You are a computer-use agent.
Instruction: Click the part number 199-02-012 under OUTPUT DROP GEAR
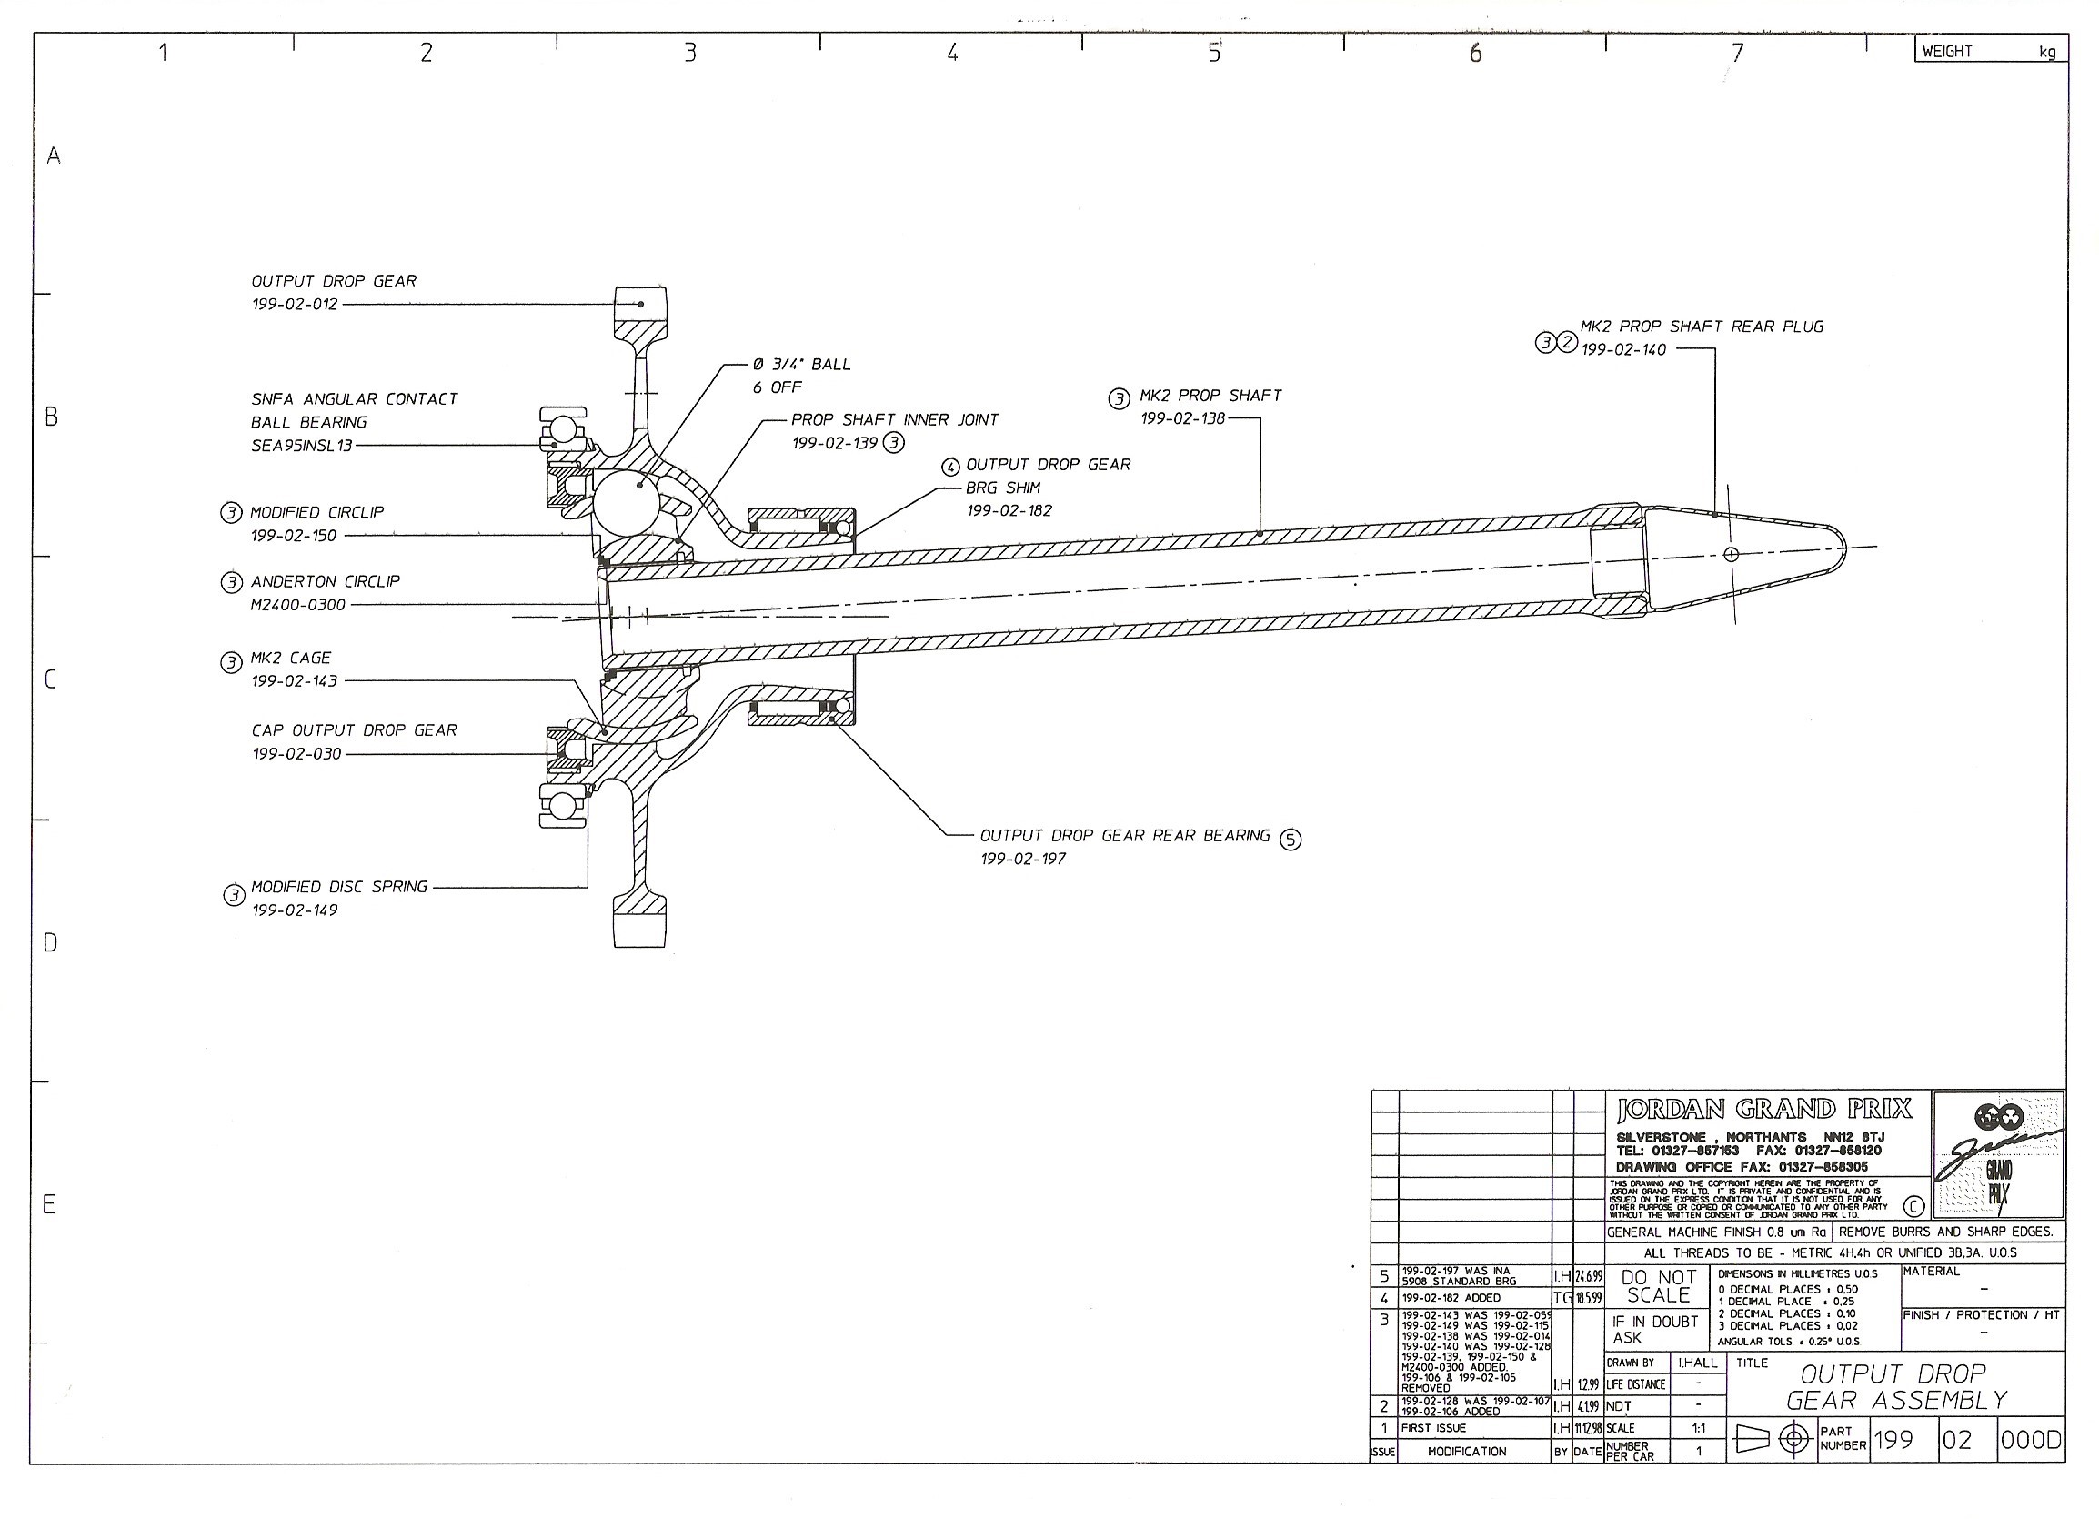point(295,305)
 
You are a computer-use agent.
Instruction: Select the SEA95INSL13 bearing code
point(301,446)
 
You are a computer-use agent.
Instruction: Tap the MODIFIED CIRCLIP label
point(316,512)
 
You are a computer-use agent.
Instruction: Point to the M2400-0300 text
point(297,606)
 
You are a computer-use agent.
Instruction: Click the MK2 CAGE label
point(291,659)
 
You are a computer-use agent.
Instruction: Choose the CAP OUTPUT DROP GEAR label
point(354,730)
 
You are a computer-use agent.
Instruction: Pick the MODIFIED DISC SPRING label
point(338,887)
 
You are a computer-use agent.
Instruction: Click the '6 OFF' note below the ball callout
point(777,387)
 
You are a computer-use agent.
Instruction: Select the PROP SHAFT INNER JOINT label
point(894,420)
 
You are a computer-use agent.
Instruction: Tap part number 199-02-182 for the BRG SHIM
point(1009,511)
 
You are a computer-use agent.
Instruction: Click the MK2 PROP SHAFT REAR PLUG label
point(1701,327)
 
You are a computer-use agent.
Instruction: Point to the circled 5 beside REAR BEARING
point(1290,840)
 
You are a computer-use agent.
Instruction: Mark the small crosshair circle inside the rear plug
point(1731,555)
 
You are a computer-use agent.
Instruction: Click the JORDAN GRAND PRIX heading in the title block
point(1763,1109)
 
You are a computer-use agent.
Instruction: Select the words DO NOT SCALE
point(1658,1286)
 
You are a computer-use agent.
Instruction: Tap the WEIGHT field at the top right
point(1947,52)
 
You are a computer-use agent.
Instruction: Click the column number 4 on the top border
point(951,54)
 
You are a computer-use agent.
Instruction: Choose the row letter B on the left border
point(52,417)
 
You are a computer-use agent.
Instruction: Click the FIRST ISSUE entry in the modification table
point(1432,1428)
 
